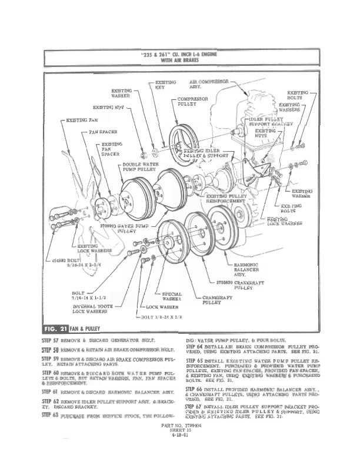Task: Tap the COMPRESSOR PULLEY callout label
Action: coord(191,101)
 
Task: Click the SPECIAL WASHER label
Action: coord(172,297)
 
